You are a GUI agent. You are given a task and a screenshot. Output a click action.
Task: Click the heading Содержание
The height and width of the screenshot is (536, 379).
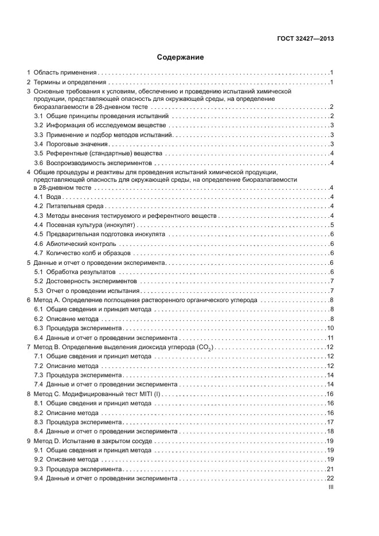(x=181, y=57)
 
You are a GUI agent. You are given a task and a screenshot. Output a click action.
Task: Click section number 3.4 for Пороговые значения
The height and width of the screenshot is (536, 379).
(x=38, y=144)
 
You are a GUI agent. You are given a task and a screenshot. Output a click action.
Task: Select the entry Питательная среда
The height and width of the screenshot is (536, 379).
(x=73, y=206)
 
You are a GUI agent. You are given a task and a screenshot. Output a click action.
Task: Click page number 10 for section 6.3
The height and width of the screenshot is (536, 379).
(x=330, y=328)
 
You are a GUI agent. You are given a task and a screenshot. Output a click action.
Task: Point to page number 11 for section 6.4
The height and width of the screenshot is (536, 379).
(x=330, y=338)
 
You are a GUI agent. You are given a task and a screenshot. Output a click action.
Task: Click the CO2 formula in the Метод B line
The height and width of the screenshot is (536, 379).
(x=205, y=347)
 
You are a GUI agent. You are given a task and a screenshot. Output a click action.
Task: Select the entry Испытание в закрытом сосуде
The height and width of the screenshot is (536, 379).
(x=108, y=441)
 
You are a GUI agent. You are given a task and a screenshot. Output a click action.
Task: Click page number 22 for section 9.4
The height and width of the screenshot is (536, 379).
(x=330, y=478)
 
